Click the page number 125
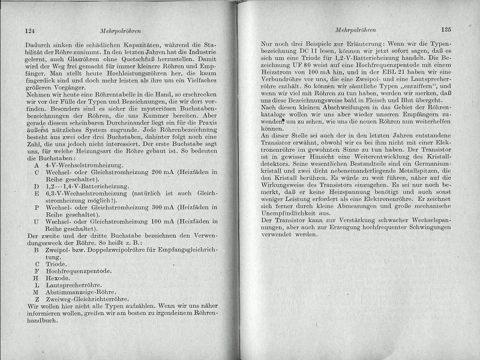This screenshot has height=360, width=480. pos(445,28)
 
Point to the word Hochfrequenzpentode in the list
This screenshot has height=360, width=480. pos(80,271)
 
